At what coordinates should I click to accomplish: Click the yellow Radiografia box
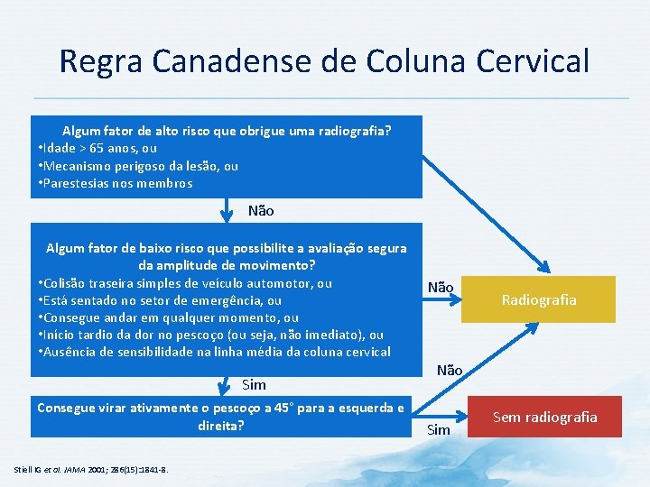click(x=538, y=299)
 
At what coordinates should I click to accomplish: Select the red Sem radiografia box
click(x=544, y=417)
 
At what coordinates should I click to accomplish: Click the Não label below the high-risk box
click(x=260, y=211)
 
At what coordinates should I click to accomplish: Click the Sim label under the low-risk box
click(x=254, y=385)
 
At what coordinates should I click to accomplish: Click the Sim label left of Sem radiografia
click(x=438, y=429)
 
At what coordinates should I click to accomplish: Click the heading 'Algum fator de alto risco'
click(x=226, y=131)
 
